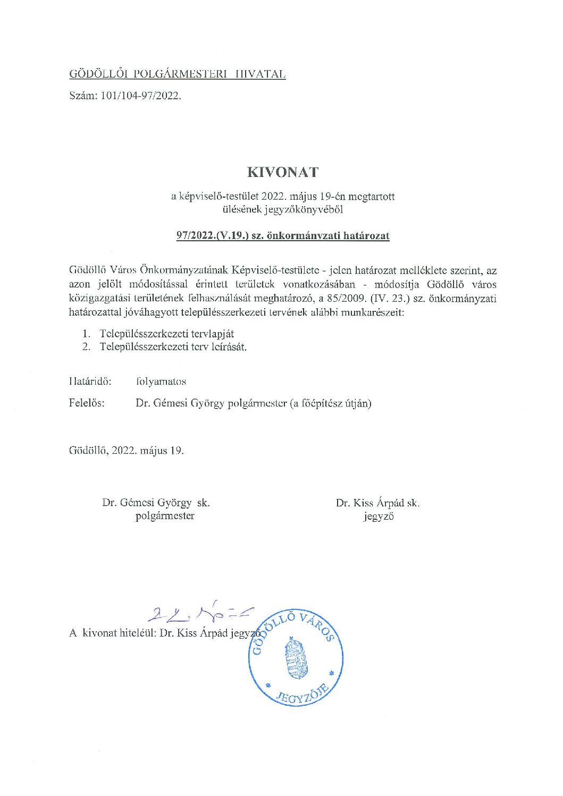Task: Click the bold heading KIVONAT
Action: (282, 172)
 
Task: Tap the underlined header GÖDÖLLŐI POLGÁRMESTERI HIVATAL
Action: (178, 74)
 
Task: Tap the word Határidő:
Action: (90, 382)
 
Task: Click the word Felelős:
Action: (87, 403)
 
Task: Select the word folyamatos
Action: (161, 382)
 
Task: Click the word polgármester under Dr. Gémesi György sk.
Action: (165, 515)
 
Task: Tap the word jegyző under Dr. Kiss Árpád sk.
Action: (379, 516)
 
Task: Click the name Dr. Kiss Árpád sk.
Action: (377, 503)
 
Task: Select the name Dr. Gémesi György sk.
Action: (156, 502)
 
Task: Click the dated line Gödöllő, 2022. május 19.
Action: (127, 451)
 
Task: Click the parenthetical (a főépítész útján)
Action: (330, 403)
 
